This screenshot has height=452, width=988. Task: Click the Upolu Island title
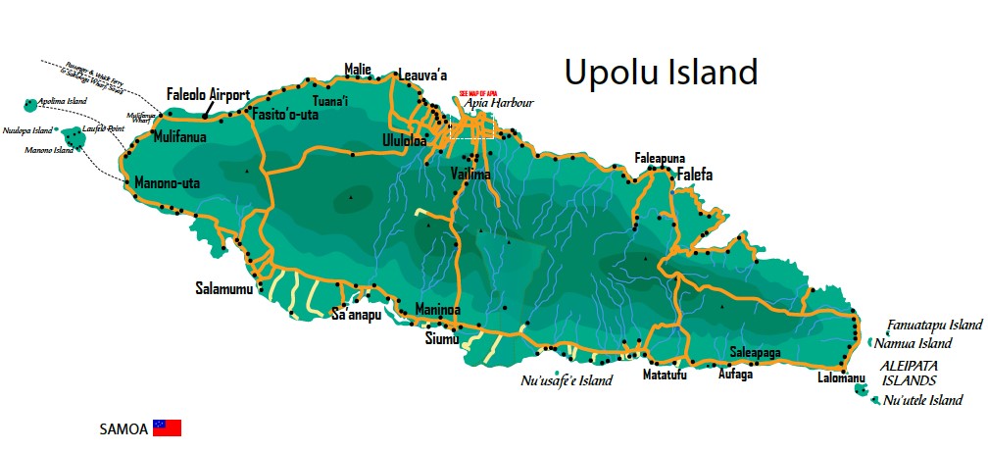(661, 72)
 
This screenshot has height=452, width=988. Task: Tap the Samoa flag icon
(167, 428)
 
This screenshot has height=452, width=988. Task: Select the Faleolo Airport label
(208, 96)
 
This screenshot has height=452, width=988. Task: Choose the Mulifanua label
(179, 138)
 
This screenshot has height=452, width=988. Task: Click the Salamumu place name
(223, 289)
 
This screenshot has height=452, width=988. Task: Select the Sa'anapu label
(356, 315)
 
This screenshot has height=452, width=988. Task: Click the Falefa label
(694, 176)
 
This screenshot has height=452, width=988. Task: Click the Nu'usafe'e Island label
(567, 381)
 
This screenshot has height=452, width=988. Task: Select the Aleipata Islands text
(910, 373)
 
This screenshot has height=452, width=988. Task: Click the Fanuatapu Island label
(935, 325)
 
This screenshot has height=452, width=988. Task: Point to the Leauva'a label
(423, 75)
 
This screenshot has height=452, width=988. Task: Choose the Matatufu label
(665, 375)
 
